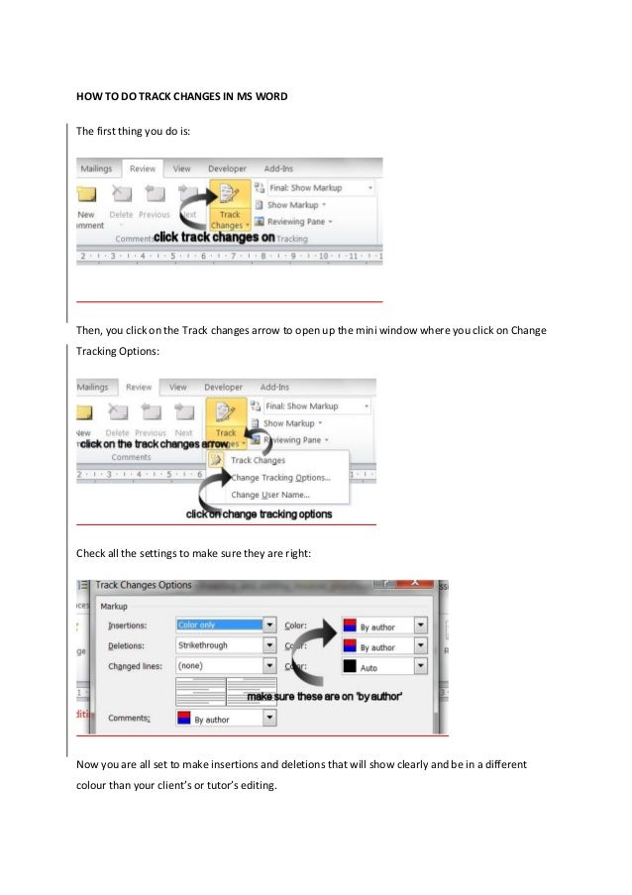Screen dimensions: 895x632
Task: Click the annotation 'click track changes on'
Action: [x=214, y=238]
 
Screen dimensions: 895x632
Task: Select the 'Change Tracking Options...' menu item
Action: [x=280, y=477]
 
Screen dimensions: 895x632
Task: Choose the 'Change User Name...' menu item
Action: [x=269, y=495]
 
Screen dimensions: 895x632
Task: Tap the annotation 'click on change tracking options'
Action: [x=260, y=514]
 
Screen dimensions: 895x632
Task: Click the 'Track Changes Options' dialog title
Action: [x=144, y=586]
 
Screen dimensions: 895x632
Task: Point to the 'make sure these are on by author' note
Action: [x=324, y=697]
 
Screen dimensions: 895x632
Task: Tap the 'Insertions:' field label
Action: [x=127, y=625]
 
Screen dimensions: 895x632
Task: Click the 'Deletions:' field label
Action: [x=127, y=646]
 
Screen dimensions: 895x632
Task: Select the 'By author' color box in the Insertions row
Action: [x=376, y=626]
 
